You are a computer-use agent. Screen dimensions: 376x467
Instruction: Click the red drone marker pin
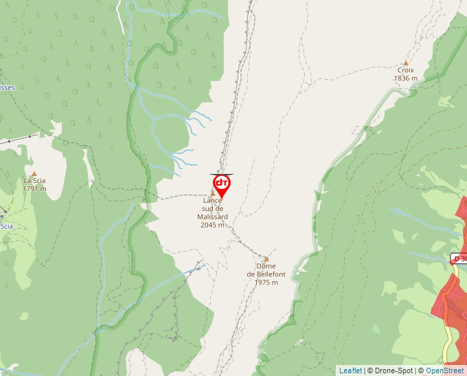[x=221, y=184]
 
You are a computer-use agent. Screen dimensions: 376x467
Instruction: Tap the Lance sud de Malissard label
[x=213, y=208]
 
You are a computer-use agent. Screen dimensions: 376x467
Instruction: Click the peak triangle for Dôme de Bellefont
[x=266, y=258]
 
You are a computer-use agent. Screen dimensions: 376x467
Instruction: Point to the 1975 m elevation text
[x=266, y=283]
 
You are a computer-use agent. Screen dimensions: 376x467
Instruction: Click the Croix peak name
[x=405, y=69]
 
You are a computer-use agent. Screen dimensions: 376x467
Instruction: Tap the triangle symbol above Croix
[x=406, y=62]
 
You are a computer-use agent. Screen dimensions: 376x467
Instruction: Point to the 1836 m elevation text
[x=405, y=78]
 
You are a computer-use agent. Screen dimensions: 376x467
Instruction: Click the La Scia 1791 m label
[x=34, y=185]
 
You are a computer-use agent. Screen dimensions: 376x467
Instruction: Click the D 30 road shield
[x=459, y=258]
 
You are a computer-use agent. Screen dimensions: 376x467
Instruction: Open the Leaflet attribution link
[x=350, y=371]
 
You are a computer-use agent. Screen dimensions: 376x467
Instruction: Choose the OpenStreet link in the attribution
[x=444, y=371]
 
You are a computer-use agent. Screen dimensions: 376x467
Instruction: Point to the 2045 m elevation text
[x=213, y=225]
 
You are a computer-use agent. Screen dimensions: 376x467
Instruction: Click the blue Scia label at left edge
[x=6, y=225]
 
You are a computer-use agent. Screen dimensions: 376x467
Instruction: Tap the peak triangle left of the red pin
[x=212, y=193]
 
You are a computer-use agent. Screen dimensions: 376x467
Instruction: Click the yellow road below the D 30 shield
[x=448, y=337]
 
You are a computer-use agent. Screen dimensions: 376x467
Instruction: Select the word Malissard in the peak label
[x=213, y=217]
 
